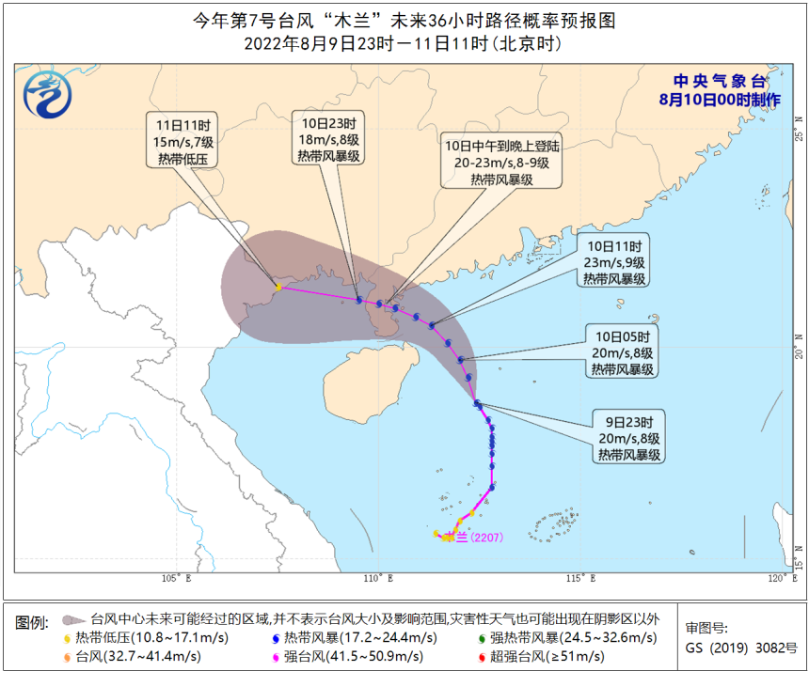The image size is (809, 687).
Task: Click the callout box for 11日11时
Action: [182, 141]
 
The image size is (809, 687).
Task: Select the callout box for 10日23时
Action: [328, 140]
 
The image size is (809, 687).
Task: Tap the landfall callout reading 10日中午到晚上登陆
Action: [502, 162]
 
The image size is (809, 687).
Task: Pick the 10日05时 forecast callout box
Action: [624, 352]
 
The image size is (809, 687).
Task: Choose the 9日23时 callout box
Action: [629, 437]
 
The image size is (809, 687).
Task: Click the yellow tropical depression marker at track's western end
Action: [278, 287]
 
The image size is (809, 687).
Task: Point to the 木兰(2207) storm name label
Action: [475, 537]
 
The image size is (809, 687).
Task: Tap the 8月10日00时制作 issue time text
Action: [720, 99]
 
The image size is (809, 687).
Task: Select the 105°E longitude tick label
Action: [176, 577]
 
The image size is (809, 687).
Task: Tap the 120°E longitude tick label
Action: [779, 577]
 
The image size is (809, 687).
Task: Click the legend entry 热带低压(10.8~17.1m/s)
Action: [146, 638]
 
